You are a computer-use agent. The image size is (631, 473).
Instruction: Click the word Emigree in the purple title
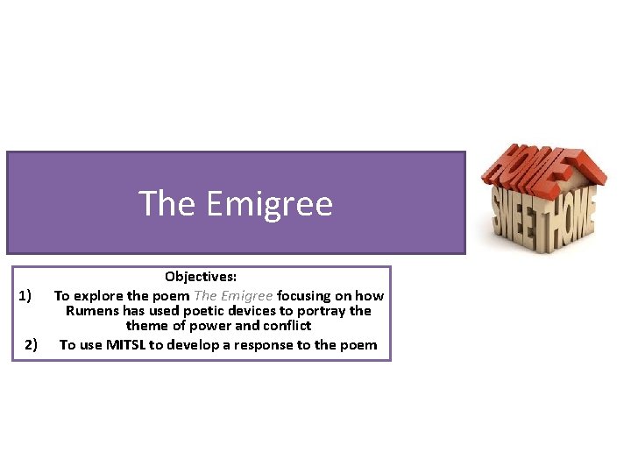(270, 204)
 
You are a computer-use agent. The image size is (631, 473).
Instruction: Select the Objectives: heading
(201, 278)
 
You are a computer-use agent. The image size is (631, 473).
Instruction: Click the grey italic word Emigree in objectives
(247, 296)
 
